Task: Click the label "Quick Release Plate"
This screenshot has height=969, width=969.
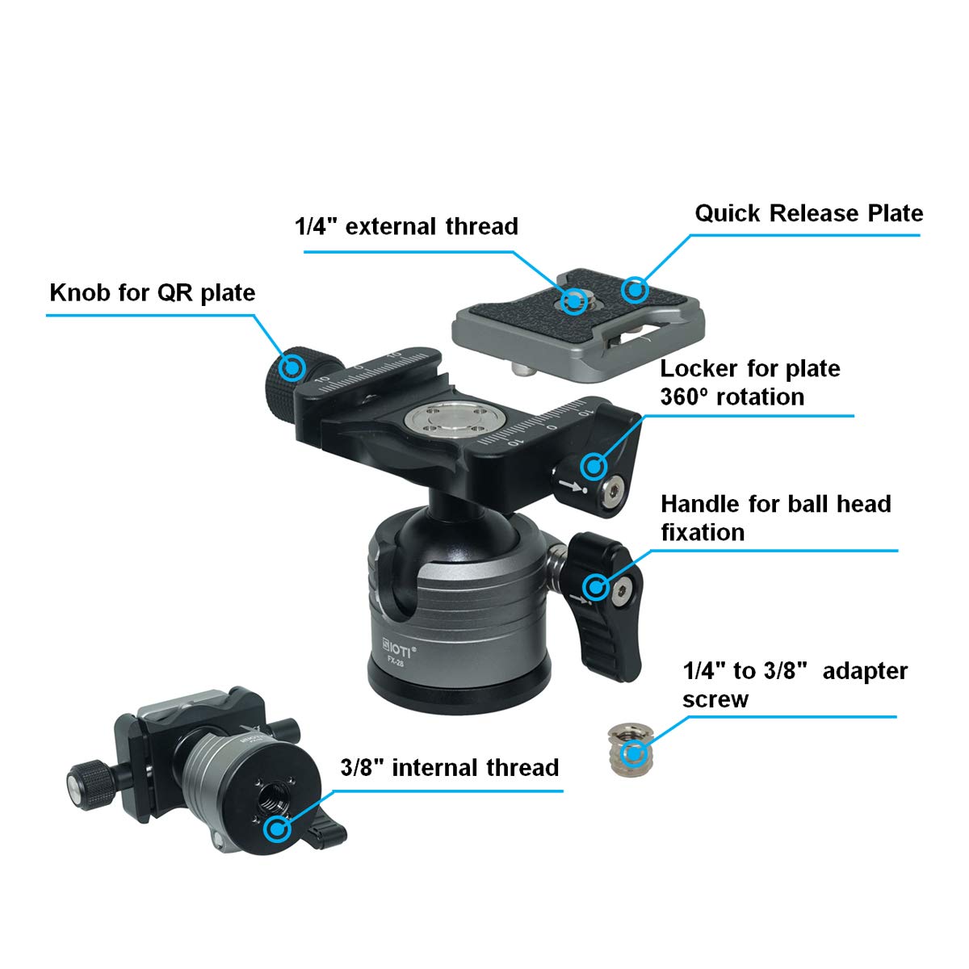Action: tap(808, 214)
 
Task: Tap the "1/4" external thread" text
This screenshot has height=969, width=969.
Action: tap(406, 226)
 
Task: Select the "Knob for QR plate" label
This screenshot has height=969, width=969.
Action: tap(153, 292)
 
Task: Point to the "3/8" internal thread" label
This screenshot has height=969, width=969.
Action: tap(450, 767)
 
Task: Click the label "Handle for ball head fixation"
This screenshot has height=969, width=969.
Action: tap(775, 518)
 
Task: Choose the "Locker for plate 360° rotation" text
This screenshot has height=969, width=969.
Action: tap(750, 383)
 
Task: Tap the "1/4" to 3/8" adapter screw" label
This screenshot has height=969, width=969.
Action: tap(795, 685)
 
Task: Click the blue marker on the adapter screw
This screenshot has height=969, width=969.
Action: tap(633, 754)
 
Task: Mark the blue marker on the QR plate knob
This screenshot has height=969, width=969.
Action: tap(291, 367)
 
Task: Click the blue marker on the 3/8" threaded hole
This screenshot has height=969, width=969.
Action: tap(279, 828)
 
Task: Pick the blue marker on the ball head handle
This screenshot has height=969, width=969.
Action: tap(596, 586)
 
